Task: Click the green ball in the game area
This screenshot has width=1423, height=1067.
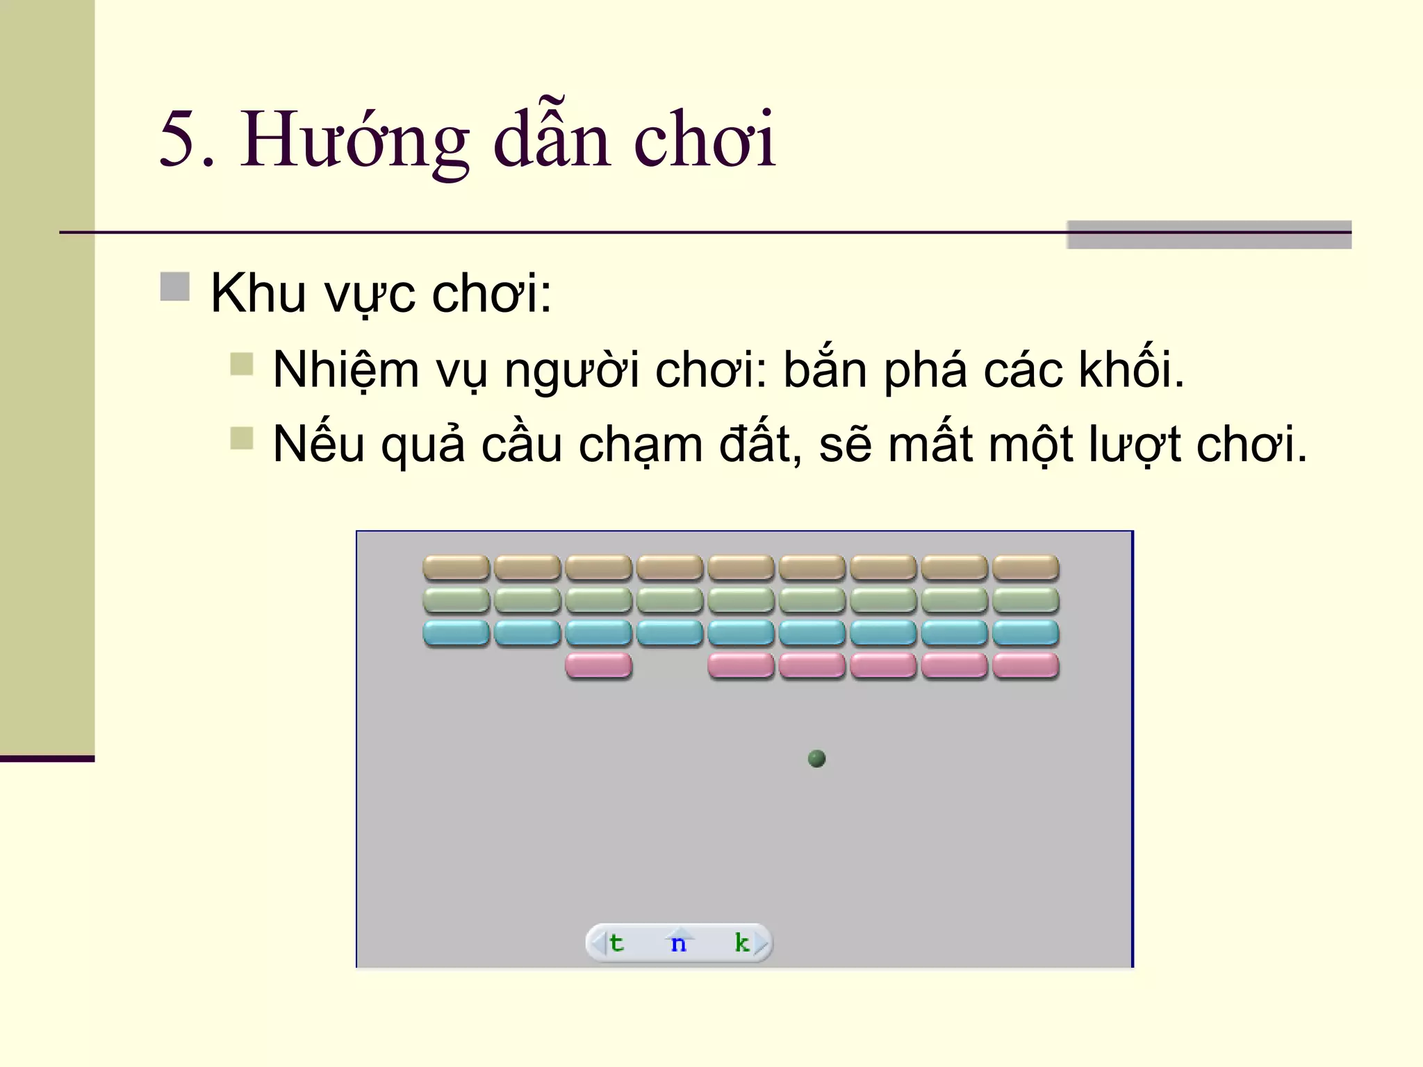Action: [817, 759]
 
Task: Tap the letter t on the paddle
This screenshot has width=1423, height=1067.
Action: [616, 943]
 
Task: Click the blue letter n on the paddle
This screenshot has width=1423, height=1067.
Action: [679, 943]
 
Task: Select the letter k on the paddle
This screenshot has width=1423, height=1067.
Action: [742, 942]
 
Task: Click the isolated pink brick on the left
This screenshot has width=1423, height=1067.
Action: [598, 665]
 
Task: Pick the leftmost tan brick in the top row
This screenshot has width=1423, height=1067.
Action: [456, 568]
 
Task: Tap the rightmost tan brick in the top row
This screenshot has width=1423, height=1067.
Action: [1026, 568]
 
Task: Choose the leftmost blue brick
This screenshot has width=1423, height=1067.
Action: [456, 633]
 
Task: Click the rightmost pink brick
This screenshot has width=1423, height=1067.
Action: [1026, 665]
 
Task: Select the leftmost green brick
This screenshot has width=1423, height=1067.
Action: [456, 600]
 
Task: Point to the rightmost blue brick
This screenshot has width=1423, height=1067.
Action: [1026, 633]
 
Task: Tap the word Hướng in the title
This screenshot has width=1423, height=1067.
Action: [354, 141]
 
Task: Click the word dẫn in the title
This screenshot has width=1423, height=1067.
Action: [552, 141]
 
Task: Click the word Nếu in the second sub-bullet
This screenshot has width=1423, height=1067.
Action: [318, 445]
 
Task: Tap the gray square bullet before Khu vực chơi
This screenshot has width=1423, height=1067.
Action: [175, 287]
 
